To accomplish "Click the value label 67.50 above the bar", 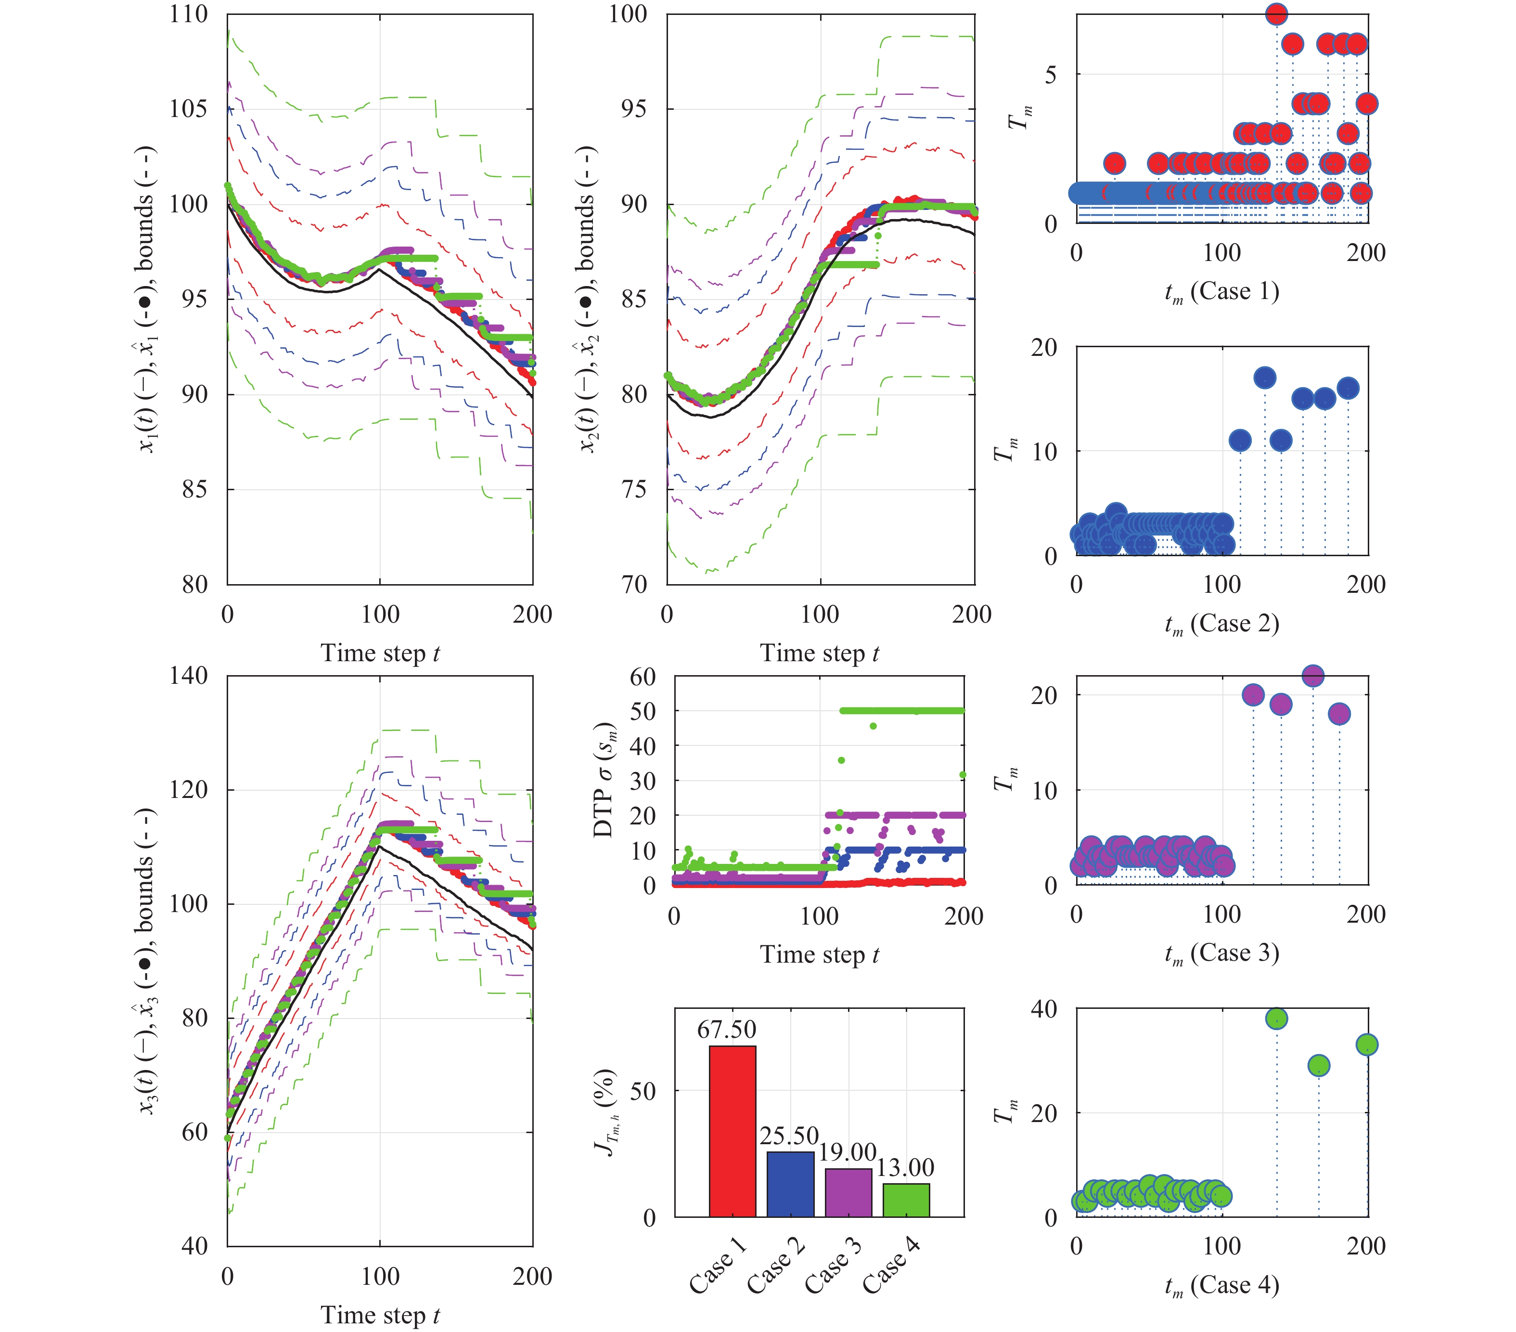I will click(x=726, y=1029).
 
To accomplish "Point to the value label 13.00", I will click(x=905, y=1167).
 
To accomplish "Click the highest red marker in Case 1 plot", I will click(x=1276, y=14).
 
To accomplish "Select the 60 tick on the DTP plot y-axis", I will click(x=642, y=676).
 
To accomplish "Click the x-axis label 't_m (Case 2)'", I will click(x=1221, y=623).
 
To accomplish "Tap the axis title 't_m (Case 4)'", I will click(x=1221, y=1284).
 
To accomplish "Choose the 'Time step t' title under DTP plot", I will click(x=819, y=954).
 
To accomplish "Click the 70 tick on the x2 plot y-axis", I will click(x=635, y=585).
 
